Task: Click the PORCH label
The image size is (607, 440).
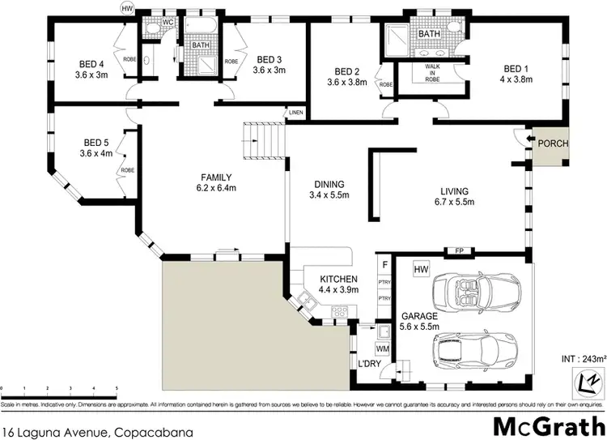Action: (x=554, y=143)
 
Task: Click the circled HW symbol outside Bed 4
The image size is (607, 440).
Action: (x=126, y=8)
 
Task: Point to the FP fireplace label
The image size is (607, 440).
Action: (x=458, y=251)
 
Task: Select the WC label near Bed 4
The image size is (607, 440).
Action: (x=169, y=22)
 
